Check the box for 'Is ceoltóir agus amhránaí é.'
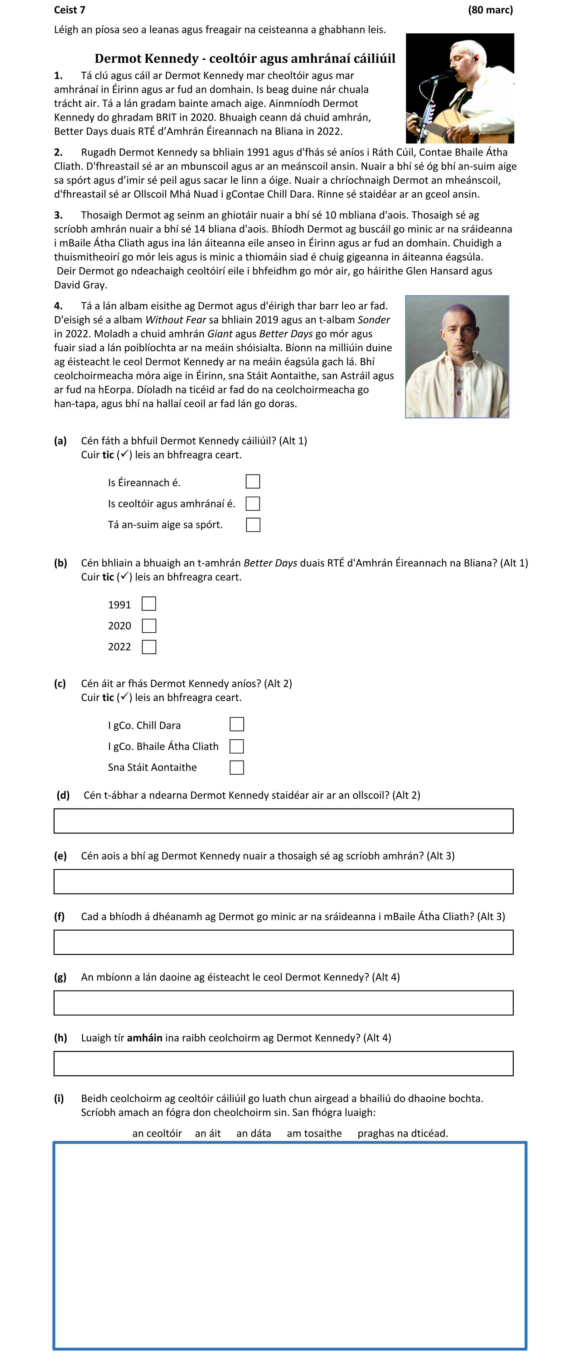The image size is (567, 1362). [253, 503]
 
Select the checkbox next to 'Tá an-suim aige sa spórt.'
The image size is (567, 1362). [253, 524]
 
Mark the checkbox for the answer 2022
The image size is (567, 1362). [149, 647]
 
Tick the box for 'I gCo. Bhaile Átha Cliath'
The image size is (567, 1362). [237, 746]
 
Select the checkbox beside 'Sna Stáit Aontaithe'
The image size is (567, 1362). [237, 767]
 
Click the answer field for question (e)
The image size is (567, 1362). [283, 881]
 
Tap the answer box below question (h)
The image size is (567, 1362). [283, 1063]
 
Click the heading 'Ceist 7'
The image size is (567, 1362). [69, 10]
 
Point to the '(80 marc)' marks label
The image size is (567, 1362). [490, 10]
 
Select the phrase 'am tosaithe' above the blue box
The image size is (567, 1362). [314, 1133]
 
